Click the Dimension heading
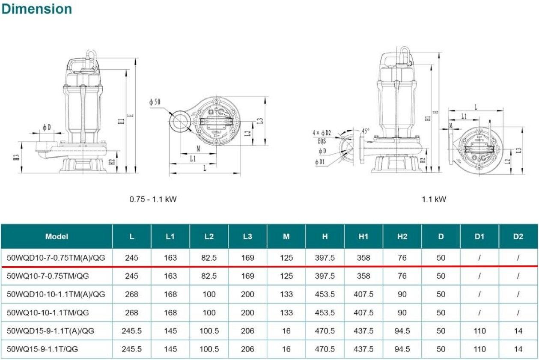click(36, 9)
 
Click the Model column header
click(57, 236)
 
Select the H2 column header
click(402, 236)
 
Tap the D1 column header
click(479, 236)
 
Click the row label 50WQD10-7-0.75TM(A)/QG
click(56, 258)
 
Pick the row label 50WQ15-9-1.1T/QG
click(43, 349)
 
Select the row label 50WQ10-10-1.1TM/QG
click(48, 312)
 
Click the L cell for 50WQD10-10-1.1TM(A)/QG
click(131, 295)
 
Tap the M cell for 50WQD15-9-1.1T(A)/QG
click(286, 331)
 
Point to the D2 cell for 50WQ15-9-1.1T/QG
click(518, 349)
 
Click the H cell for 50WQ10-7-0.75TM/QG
click(325, 276)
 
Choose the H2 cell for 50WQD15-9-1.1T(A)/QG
click(402, 331)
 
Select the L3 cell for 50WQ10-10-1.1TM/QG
click(247, 312)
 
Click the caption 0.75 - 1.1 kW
click(153, 199)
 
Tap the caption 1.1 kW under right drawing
click(434, 199)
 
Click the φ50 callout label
click(155, 102)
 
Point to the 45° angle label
click(366, 131)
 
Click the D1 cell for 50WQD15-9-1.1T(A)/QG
click(479, 331)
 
